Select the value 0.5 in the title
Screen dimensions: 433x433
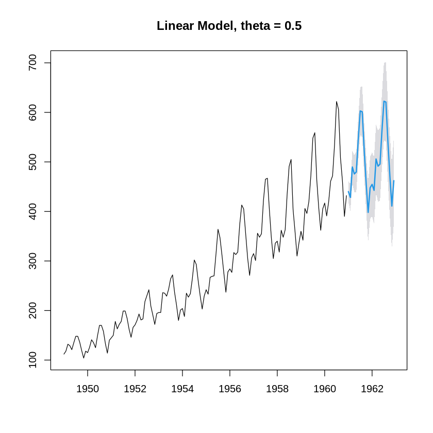click(x=293, y=26)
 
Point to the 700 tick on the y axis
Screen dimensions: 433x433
click(x=33, y=63)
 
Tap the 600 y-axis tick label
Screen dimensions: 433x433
click(x=33, y=112)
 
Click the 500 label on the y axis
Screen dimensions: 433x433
click(x=33, y=162)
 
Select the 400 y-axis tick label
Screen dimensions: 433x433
click(x=33, y=211)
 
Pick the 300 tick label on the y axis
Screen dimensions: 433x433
click(x=33, y=261)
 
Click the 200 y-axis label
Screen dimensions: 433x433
click(x=33, y=310)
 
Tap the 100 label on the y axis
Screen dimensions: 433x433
click(x=33, y=360)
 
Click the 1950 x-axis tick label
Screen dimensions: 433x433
click(x=88, y=389)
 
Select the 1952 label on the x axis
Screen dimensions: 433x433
click(x=135, y=389)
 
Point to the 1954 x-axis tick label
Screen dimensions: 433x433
click(x=182, y=389)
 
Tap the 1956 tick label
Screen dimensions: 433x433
click(x=230, y=389)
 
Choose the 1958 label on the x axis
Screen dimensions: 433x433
click(x=277, y=389)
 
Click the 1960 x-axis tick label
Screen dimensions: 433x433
click(x=325, y=389)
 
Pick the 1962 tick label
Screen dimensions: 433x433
click(x=372, y=389)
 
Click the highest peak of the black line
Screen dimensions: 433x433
click(x=337, y=102)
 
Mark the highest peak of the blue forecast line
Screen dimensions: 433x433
click(x=384, y=101)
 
